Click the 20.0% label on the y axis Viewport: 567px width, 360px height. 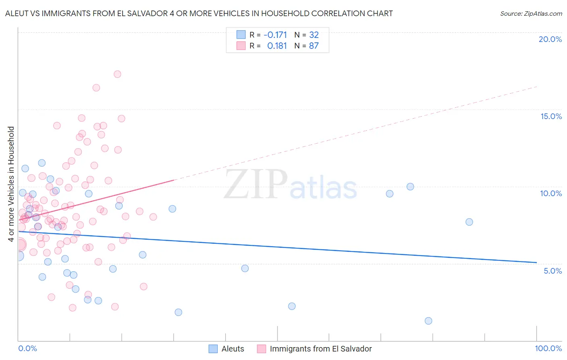click(x=550, y=39)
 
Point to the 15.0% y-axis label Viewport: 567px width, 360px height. click(x=551, y=116)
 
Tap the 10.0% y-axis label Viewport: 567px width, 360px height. click(x=551, y=193)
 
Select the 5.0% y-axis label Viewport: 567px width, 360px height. click(x=552, y=271)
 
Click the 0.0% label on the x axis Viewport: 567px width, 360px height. click(x=28, y=348)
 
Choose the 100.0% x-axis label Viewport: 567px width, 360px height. click(x=548, y=348)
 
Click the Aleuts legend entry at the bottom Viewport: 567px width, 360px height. click(x=233, y=349)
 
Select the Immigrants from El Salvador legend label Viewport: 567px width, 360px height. click(x=321, y=349)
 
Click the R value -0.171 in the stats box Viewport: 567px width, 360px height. click(x=275, y=35)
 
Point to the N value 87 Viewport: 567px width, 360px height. click(x=314, y=46)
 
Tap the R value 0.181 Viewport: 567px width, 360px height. click(x=277, y=46)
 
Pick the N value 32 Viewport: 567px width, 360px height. click(x=314, y=35)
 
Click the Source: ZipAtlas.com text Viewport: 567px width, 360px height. click(x=531, y=13)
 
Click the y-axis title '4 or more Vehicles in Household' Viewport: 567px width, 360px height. click(x=11, y=184)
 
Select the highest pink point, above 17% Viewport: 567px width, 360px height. click(x=117, y=74)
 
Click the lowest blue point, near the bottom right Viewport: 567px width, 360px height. click(x=428, y=321)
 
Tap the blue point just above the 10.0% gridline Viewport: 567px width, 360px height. click(x=410, y=186)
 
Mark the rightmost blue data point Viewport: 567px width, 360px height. click(x=469, y=222)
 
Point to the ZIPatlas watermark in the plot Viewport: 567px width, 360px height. click(x=290, y=185)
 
